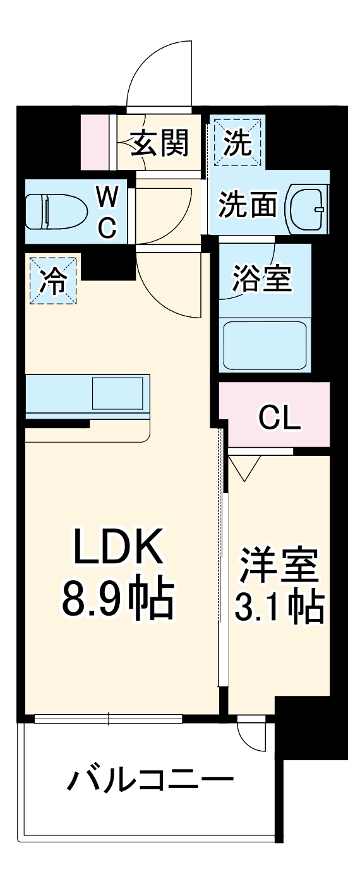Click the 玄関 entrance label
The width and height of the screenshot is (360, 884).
[x=160, y=145]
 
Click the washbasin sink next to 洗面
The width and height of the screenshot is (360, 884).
[x=308, y=208]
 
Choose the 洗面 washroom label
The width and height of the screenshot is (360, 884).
[x=248, y=206]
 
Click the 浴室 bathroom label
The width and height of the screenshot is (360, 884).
[x=263, y=278]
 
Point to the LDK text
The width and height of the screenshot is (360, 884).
[x=118, y=547]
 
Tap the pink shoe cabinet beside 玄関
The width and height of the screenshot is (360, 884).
[x=95, y=143]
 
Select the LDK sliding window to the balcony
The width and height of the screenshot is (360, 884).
[x=108, y=718]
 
